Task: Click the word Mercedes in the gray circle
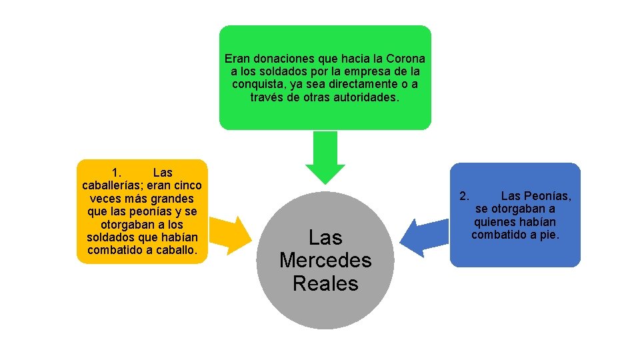(325, 260)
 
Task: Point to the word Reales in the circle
(325, 283)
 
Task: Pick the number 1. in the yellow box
(116, 173)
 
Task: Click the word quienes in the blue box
(495, 222)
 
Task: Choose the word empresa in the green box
(368, 71)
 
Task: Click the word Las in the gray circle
(325, 237)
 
